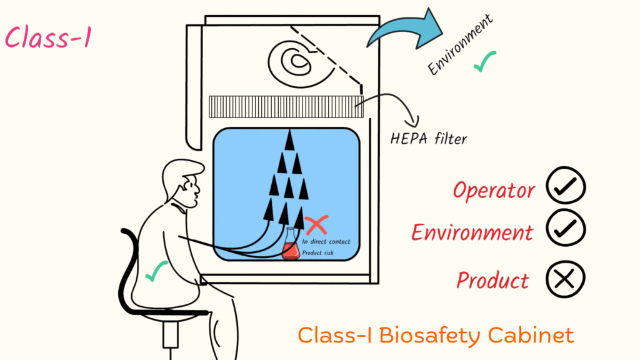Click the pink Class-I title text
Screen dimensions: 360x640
pos(48,38)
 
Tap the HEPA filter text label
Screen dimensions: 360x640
pos(427,139)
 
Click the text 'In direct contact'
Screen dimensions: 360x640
pos(326,241)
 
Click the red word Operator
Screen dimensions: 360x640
pos(494,190)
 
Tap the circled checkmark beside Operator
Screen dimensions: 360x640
pos(565,186)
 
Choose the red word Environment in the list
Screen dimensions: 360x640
pos(472,232)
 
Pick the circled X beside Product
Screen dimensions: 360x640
pos(565,279)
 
